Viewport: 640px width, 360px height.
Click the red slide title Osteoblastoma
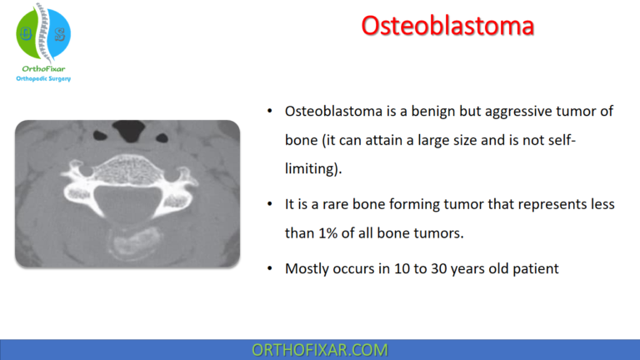(x=447, y=26)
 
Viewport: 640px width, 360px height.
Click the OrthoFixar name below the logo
(x=43, y=68)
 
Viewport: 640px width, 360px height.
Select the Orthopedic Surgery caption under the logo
(x=43, y=79)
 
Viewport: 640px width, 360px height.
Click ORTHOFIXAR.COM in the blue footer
(x=319, y=349)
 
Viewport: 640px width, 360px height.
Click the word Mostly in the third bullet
(x=307, y=268)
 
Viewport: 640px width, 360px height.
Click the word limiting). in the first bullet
(x=312, y=169)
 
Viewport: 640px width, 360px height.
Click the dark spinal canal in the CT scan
(x=127, y=202)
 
